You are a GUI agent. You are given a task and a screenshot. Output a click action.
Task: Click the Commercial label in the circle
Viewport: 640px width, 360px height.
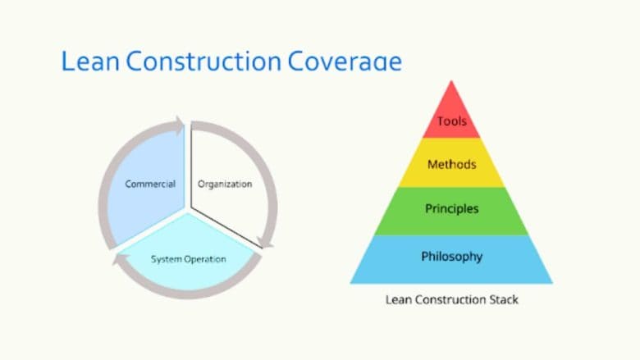pyautogui.click(x=150, y=184)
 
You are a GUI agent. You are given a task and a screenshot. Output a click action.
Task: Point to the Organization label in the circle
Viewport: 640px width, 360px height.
pyautogui.click(x=225, y=184)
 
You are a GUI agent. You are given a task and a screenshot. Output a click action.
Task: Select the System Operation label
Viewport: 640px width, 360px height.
pyautogui.click(x=189, y=259)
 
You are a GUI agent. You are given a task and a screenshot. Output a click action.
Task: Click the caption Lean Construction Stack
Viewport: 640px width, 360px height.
pyautogui.click(x=451, y=300)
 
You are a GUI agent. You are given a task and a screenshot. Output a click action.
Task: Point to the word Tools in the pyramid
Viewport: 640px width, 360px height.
pyautogui.click(x=451, y=121)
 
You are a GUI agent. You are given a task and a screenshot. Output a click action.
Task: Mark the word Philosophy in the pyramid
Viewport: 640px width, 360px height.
pyautogui.click(x=451, y=257)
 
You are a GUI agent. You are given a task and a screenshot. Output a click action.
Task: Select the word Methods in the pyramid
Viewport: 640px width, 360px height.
pyautogui.click(x=451, y=165)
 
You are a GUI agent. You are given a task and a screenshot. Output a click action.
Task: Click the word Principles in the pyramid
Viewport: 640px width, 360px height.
pyautogui.click(x=451, y=209)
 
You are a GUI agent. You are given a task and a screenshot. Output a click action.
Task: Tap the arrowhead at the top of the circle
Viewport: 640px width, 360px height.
pyautogui.click(x=176, y=126)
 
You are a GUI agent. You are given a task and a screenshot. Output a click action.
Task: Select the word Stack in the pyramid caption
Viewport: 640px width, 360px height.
pyautogui.click(x=503, y=300)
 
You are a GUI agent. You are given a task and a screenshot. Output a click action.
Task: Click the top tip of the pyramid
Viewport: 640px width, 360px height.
pyautogui.click(x=451, y=82)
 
